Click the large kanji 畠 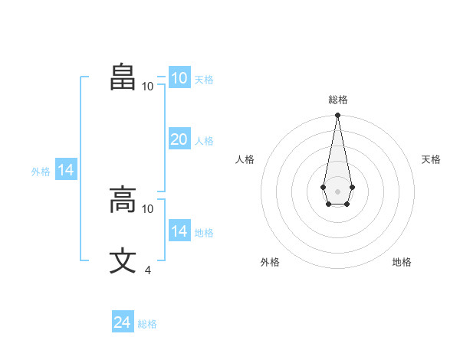click(123, 77)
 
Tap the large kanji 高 click(123, 199)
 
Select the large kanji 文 click(123, 260)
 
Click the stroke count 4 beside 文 click(148, 270)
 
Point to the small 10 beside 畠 click(147, 87)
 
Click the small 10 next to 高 click(147, 209)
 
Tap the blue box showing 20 click(180, 139)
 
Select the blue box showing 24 click(123, 321)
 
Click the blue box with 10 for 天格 click(180, 77)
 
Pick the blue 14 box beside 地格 click(180, 230)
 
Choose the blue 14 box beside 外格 click(66, 169)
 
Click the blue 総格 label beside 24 click(147, 324)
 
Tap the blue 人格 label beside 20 click(204, 141)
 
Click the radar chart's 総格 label click(338, 100)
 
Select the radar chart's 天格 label click(431, 159)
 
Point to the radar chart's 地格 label click(402, 262)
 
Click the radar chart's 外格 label click(270, 262)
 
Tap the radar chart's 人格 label click(245, 159)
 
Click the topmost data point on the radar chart click(337, 115)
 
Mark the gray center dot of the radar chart click(337, 191)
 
